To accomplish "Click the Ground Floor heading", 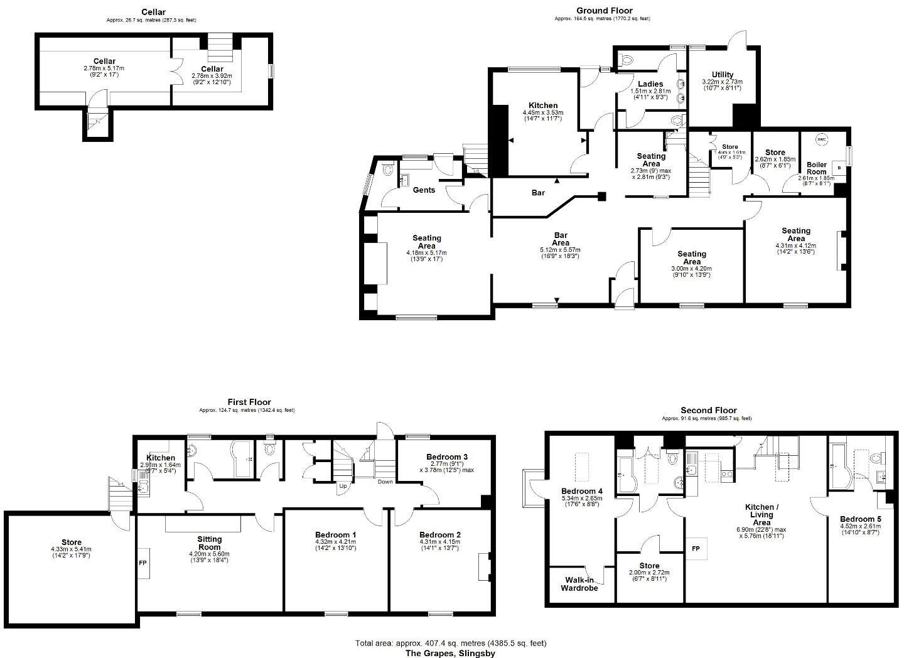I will point(604,10).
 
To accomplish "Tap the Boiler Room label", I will point(816,168).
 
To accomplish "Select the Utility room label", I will point(722,74).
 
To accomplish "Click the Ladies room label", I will point(650,84).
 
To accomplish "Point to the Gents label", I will point(424,190).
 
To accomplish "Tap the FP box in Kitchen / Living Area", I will point(696,547).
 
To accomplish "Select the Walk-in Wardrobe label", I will point(579,584).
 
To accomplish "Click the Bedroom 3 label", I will point(446,456).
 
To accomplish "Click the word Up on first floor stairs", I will point(343,486).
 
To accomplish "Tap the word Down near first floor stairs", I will point(385,482).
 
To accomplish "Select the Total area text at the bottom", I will point(451,643).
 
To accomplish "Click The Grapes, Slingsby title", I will point(450,653).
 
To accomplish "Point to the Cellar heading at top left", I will point(153,12).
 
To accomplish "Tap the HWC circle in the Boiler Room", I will point(822,139).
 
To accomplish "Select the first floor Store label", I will point(72,542).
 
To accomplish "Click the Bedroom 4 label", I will point(582,490).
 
